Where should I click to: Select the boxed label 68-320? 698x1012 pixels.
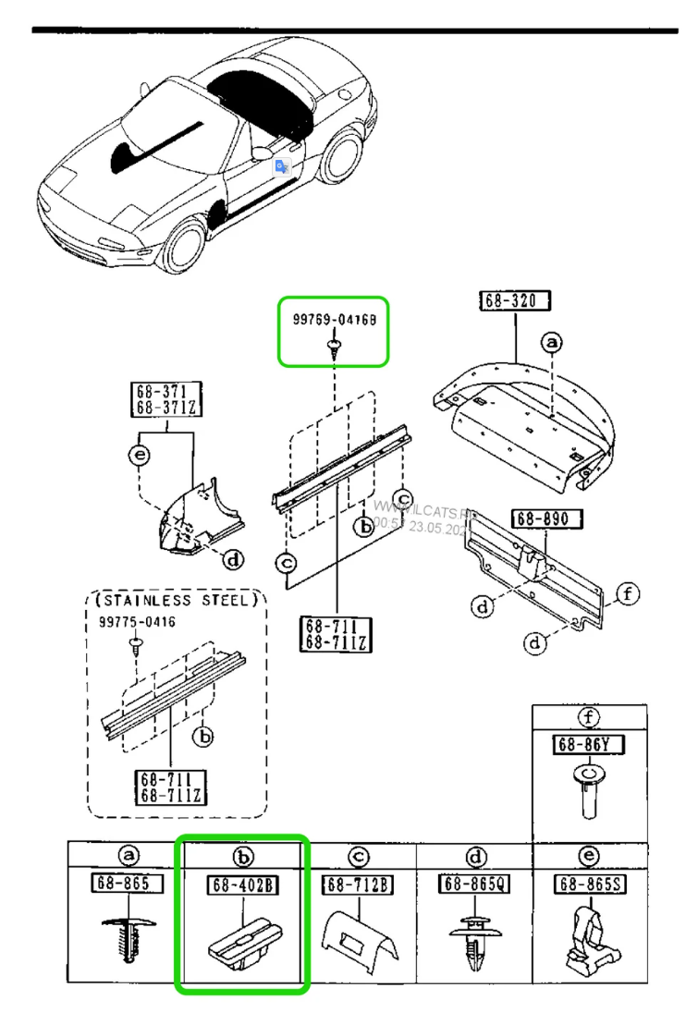tap(515, 300)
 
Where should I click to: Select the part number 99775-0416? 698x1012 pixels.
tap(137, 622)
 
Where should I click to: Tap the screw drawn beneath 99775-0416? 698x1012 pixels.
tap(137, 642)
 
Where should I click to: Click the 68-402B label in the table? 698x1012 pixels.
tap(241, 885)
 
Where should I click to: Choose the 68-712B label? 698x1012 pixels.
tap(358, 884)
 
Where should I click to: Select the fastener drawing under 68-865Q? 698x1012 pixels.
tap(474, 938)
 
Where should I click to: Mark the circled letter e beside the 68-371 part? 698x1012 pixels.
tap(138, 455)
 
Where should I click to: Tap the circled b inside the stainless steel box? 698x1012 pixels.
tap(202, 736)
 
